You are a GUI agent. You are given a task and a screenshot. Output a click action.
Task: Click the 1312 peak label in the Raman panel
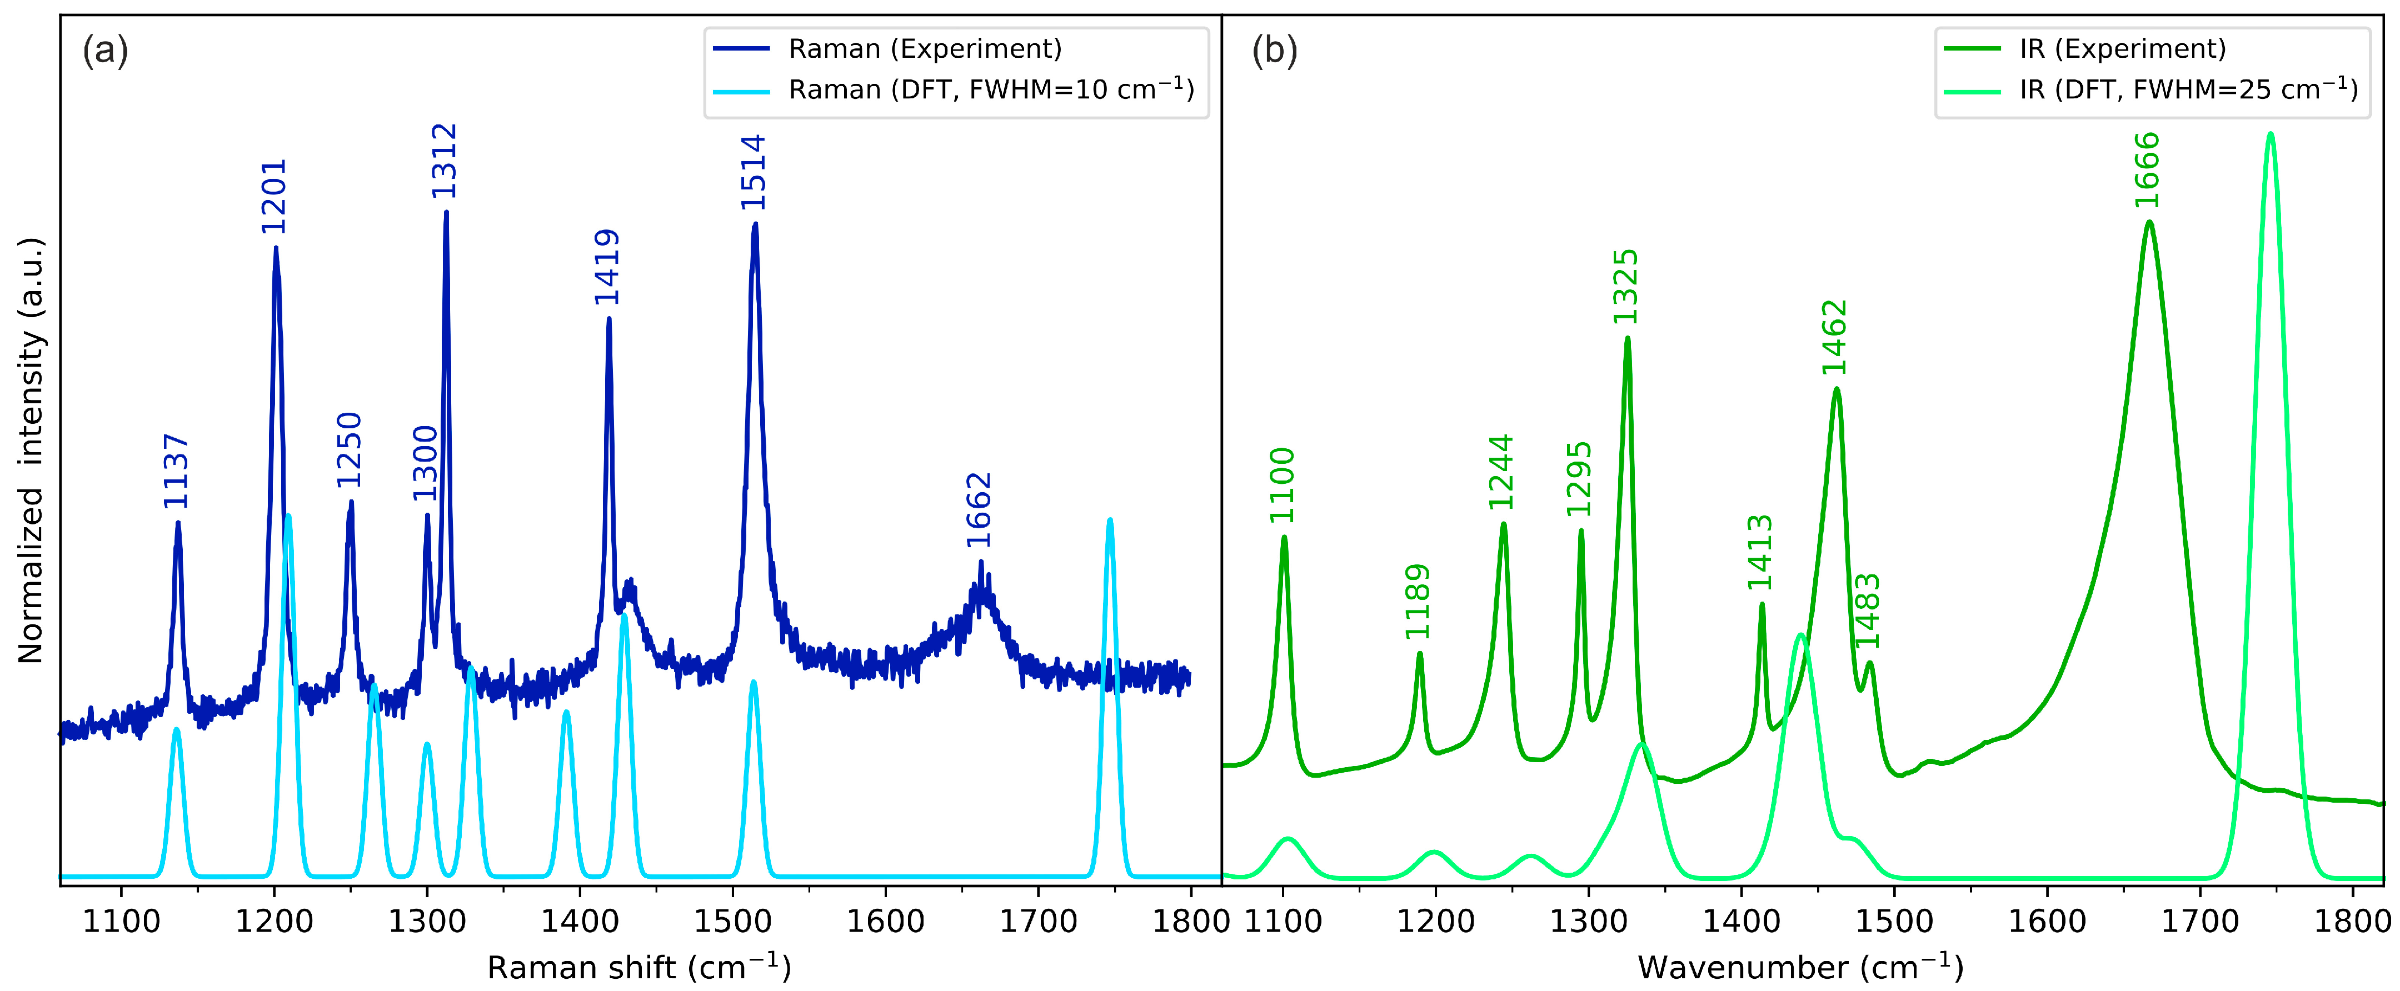445,161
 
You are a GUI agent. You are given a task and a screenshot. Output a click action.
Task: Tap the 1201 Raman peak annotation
274,197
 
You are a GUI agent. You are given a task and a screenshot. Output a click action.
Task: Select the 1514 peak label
753,172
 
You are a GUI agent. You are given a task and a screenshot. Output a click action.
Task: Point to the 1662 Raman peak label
978,510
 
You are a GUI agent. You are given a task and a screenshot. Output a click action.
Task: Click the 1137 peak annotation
176,471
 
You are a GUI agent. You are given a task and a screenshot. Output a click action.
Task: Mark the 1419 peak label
607,267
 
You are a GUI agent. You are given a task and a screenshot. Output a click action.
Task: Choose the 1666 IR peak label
2147,171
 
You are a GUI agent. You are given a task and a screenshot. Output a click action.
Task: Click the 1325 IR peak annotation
1626,287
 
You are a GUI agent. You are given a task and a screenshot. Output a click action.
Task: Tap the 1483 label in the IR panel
1868,611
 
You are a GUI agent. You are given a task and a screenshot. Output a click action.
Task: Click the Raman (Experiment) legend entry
924,48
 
